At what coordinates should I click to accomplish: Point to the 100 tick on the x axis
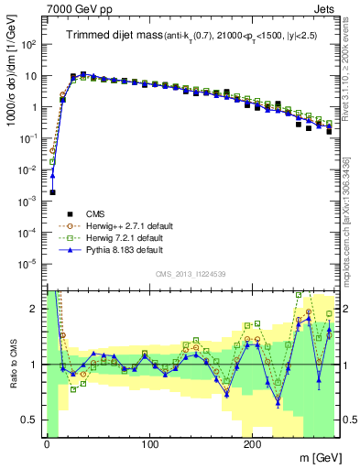coord(149,443)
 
